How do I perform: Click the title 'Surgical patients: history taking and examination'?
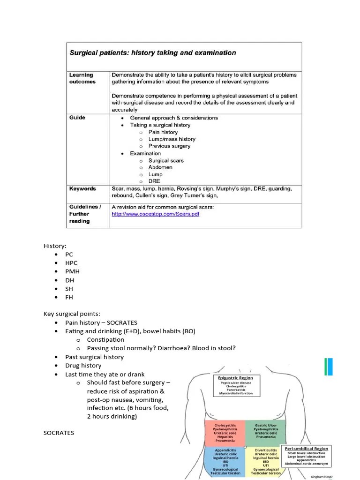153,53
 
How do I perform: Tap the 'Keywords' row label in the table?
82,189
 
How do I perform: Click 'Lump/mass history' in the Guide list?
172,139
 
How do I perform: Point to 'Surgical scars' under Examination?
166,160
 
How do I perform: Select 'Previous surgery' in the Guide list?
169,146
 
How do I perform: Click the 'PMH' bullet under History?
72,271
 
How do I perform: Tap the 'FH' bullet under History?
69,297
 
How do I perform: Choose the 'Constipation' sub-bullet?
105,340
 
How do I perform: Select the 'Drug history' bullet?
83,366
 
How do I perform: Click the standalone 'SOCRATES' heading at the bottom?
59,433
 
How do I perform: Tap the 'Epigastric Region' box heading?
235,378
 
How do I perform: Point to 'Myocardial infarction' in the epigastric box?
235,394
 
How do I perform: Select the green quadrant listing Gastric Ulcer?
265,433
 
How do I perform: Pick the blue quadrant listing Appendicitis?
226,462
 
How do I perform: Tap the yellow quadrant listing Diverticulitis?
265,462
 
